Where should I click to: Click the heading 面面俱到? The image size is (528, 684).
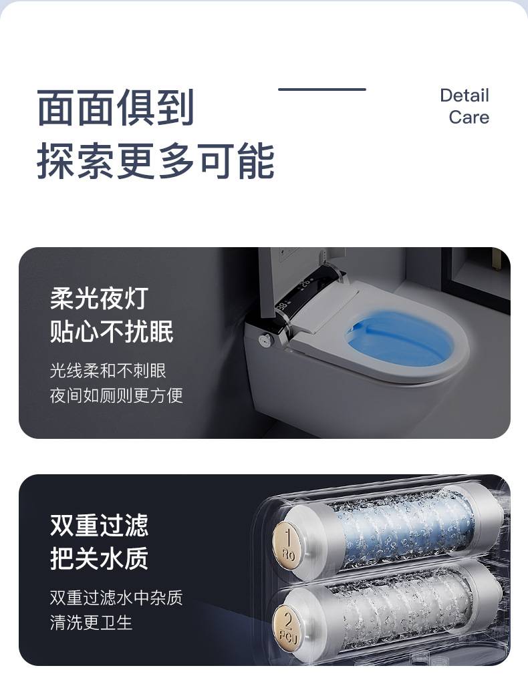(116, 108)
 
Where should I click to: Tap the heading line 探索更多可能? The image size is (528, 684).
(156, 161)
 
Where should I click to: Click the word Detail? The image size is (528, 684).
(465, 96)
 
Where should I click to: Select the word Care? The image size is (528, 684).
(469, 118)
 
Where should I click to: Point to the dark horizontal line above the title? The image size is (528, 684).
(322, 90)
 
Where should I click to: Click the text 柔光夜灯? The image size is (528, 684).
(100, 299)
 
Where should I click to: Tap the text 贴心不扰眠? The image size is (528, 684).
(112, 331)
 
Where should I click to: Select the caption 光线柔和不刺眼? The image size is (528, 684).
(108, 371)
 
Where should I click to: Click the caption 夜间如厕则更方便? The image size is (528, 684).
(116, 395)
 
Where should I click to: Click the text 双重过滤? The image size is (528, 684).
(100, 525)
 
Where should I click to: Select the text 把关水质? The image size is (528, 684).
(100, 558)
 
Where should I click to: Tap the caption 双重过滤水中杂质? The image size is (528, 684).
(116, 598)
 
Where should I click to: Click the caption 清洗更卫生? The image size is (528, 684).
(91, 623)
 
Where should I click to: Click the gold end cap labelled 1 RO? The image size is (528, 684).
(287, 545)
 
